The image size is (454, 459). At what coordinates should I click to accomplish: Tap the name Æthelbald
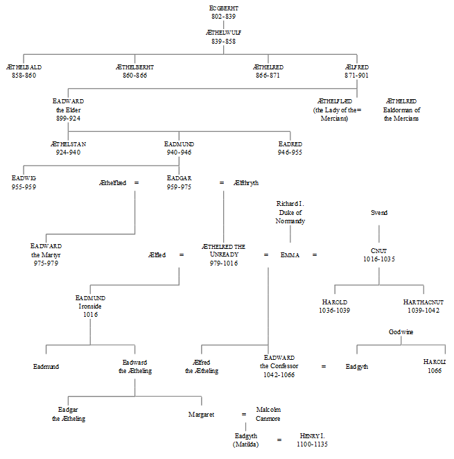pos(24,67)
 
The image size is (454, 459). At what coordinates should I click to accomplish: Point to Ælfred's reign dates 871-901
pos(358,76)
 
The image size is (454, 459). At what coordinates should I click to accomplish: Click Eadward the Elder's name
pos(68,101)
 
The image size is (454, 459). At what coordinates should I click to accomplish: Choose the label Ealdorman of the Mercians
pos(401,114)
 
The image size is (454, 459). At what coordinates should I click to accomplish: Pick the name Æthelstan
pos(68,144)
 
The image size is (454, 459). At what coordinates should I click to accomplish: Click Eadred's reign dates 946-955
pos(290,152)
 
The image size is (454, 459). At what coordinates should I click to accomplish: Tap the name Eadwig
pos(24,178)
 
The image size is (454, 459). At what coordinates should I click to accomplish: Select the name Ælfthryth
pos(246,183)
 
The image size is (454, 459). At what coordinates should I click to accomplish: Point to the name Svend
pos(379,213)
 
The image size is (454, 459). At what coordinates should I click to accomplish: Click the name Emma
pos(290,255)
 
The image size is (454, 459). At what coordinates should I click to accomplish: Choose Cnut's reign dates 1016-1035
pos(379,259)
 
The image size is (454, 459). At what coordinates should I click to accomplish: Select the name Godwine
pos(401,332)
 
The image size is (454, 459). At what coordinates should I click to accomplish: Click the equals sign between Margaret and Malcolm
pos(243,415)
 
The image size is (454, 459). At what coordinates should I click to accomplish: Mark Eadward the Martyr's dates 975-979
pos(46,263)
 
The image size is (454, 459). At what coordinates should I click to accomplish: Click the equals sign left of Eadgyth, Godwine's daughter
pos(324,366)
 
